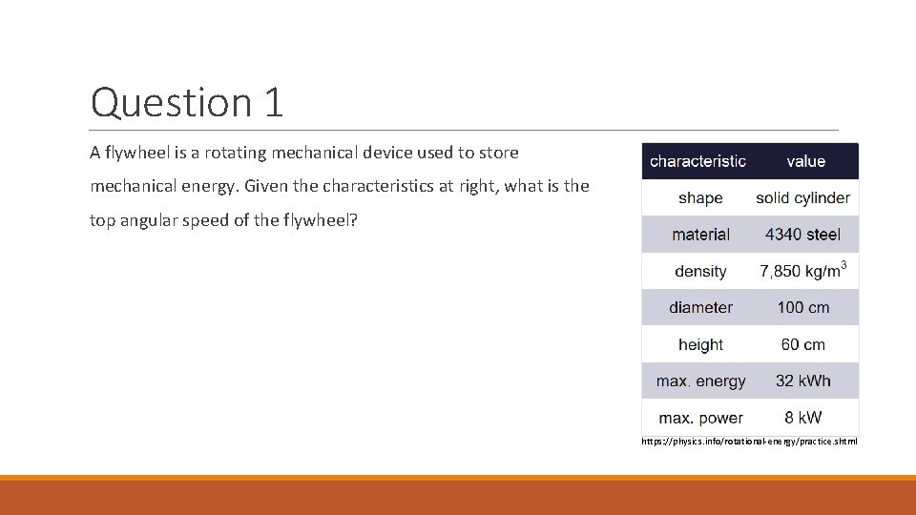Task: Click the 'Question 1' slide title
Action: tap(187, 102)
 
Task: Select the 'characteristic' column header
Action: tap(697, 161)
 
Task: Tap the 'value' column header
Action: tap(805, 161)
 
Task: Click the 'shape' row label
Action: tap(700, 198)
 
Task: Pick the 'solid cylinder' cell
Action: tap(802, 198)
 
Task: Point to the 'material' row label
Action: tap(700, 235)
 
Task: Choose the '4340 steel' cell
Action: tap(802, 235)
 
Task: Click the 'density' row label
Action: tap(700, 272)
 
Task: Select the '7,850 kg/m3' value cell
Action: tap(802, 271)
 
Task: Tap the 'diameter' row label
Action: tap(700, 308)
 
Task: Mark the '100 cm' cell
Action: tap(802, 308)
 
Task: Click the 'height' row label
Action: tap(700, 344)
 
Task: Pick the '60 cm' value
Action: tap(802, 344)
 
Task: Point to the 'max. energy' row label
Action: tap(700, 381)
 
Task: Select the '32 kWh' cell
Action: tap(802, 381)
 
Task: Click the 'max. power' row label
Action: tap(700, 418)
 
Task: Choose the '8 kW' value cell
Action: tap(802, 418)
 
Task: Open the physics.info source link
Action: tap(749, 442)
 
